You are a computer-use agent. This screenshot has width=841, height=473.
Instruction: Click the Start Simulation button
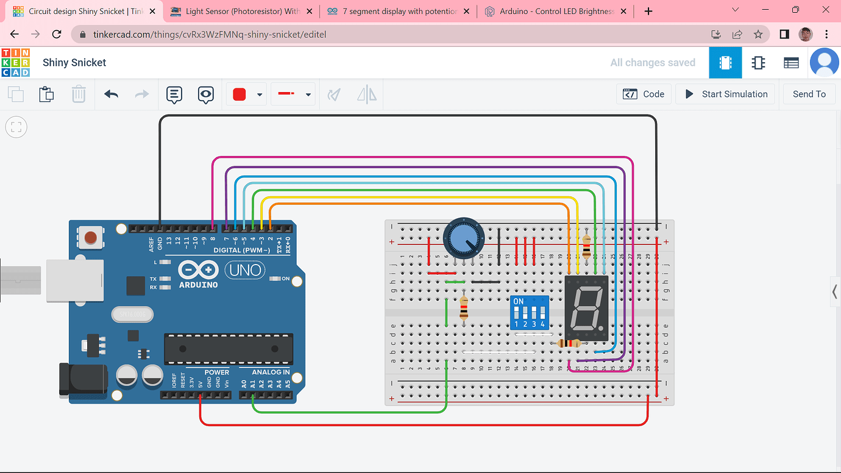coord(725,94)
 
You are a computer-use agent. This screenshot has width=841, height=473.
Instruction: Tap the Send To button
coord(809,94)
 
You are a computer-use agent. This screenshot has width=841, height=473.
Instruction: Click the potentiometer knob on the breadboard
coord(464,238)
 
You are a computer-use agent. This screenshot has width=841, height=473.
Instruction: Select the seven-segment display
coord(586,308)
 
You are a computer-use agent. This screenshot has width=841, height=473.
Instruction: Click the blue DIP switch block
coord(529,312)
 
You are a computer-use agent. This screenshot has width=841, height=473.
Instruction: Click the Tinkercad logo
coord(15,63)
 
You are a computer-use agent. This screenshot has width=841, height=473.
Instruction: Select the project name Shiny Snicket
coord(74,63)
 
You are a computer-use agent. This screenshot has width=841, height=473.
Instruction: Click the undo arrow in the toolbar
coord(111,94)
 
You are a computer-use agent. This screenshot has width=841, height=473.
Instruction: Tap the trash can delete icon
coord(79,94)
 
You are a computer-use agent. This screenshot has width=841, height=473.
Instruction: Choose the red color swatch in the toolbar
coord(240,94)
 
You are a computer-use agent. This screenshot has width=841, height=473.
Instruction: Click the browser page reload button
coord(57,35)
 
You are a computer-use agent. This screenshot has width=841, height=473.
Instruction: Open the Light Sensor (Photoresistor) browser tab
coord(242,12)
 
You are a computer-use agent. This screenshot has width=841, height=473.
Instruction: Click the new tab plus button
coord(648,12)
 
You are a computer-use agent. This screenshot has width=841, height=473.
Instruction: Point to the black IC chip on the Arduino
coord(229,348)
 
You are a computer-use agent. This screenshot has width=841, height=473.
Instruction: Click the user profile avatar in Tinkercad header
coord(824,63)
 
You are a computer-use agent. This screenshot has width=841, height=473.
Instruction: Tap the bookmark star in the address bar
coord(758,35)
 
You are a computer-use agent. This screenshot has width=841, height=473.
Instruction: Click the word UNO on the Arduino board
coord(246,270)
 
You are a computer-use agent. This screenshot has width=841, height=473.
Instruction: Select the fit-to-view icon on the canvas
coord(16,127)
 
